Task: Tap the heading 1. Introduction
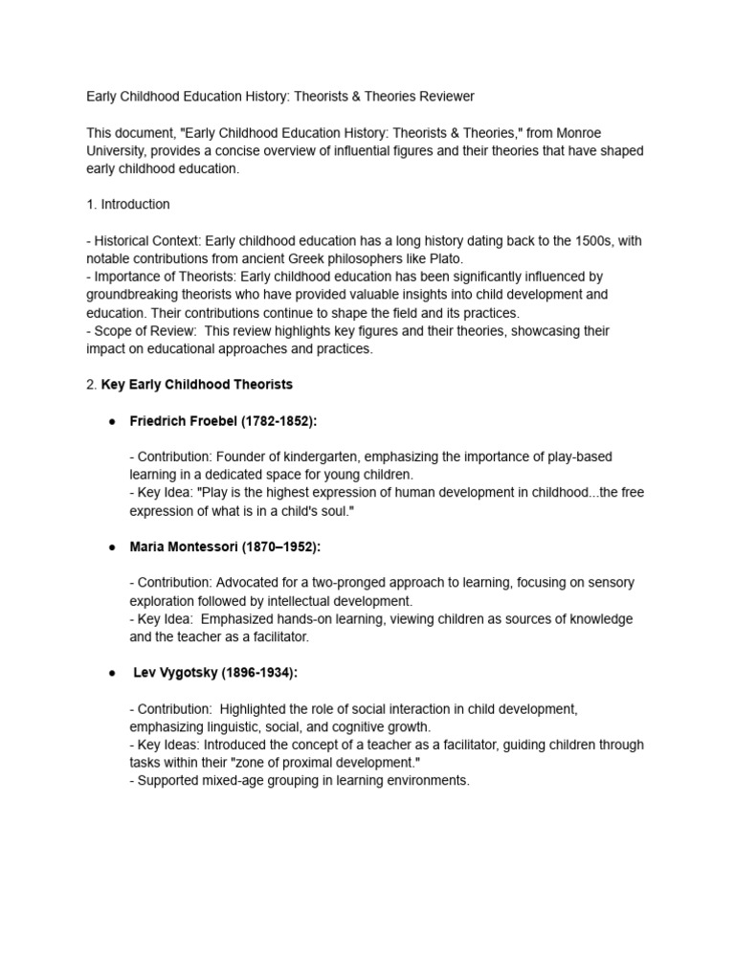128,204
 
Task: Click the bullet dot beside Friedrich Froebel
112,421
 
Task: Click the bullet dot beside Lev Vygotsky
112,673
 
